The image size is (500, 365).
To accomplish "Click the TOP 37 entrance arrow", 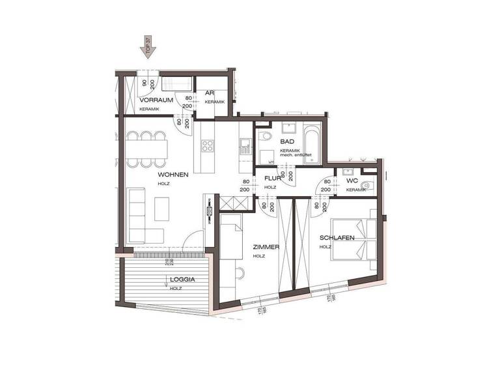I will click(x=148, y=48).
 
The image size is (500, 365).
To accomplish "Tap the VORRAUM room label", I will click(x=156, y=100).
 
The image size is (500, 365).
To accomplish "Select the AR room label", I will click(x=210, y=93).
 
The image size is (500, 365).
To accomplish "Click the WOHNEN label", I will click(x=173, y=175).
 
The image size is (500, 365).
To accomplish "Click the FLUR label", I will click(x=273, y=177).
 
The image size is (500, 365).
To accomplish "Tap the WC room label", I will click(x=352, y=181).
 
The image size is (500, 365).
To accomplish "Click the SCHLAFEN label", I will click(x=337, y=238).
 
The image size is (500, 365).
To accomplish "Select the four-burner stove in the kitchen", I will click(x=208, y=144).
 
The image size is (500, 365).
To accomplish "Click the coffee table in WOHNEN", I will click(x=161, y=209).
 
